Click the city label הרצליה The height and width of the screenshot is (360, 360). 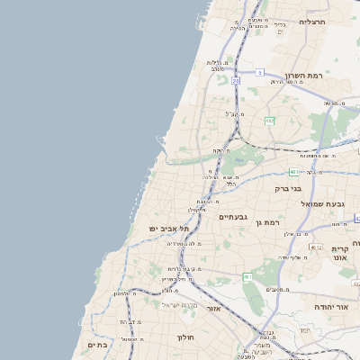[x=312, y=21]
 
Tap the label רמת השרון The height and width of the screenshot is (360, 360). [x=303, y=76]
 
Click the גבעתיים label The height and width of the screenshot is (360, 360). [x=233, y=217]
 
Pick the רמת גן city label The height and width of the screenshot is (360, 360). [x=266, y=222]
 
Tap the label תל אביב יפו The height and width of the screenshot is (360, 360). [x=166, y=229]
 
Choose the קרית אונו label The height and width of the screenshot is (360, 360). [x=339, y=253]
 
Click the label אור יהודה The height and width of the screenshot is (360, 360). [x=330, y=307]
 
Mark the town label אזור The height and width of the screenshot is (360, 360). [x=213, y=308]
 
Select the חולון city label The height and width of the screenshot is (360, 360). [x=185, y=337]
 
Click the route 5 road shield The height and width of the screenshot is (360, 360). [x=258, y=72]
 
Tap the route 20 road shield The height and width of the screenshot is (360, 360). [x=236, y=81]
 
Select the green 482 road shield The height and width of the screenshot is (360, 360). [x=269, y=120]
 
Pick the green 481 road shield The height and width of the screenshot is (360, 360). [x=294, y=171]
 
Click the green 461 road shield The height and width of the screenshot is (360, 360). [x=247, y=276]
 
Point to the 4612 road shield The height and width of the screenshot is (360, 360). [x=315, y=246]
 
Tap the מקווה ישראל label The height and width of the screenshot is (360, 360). [x=178, y=306]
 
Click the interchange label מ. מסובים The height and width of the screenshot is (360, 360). [x=277, y=289]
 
